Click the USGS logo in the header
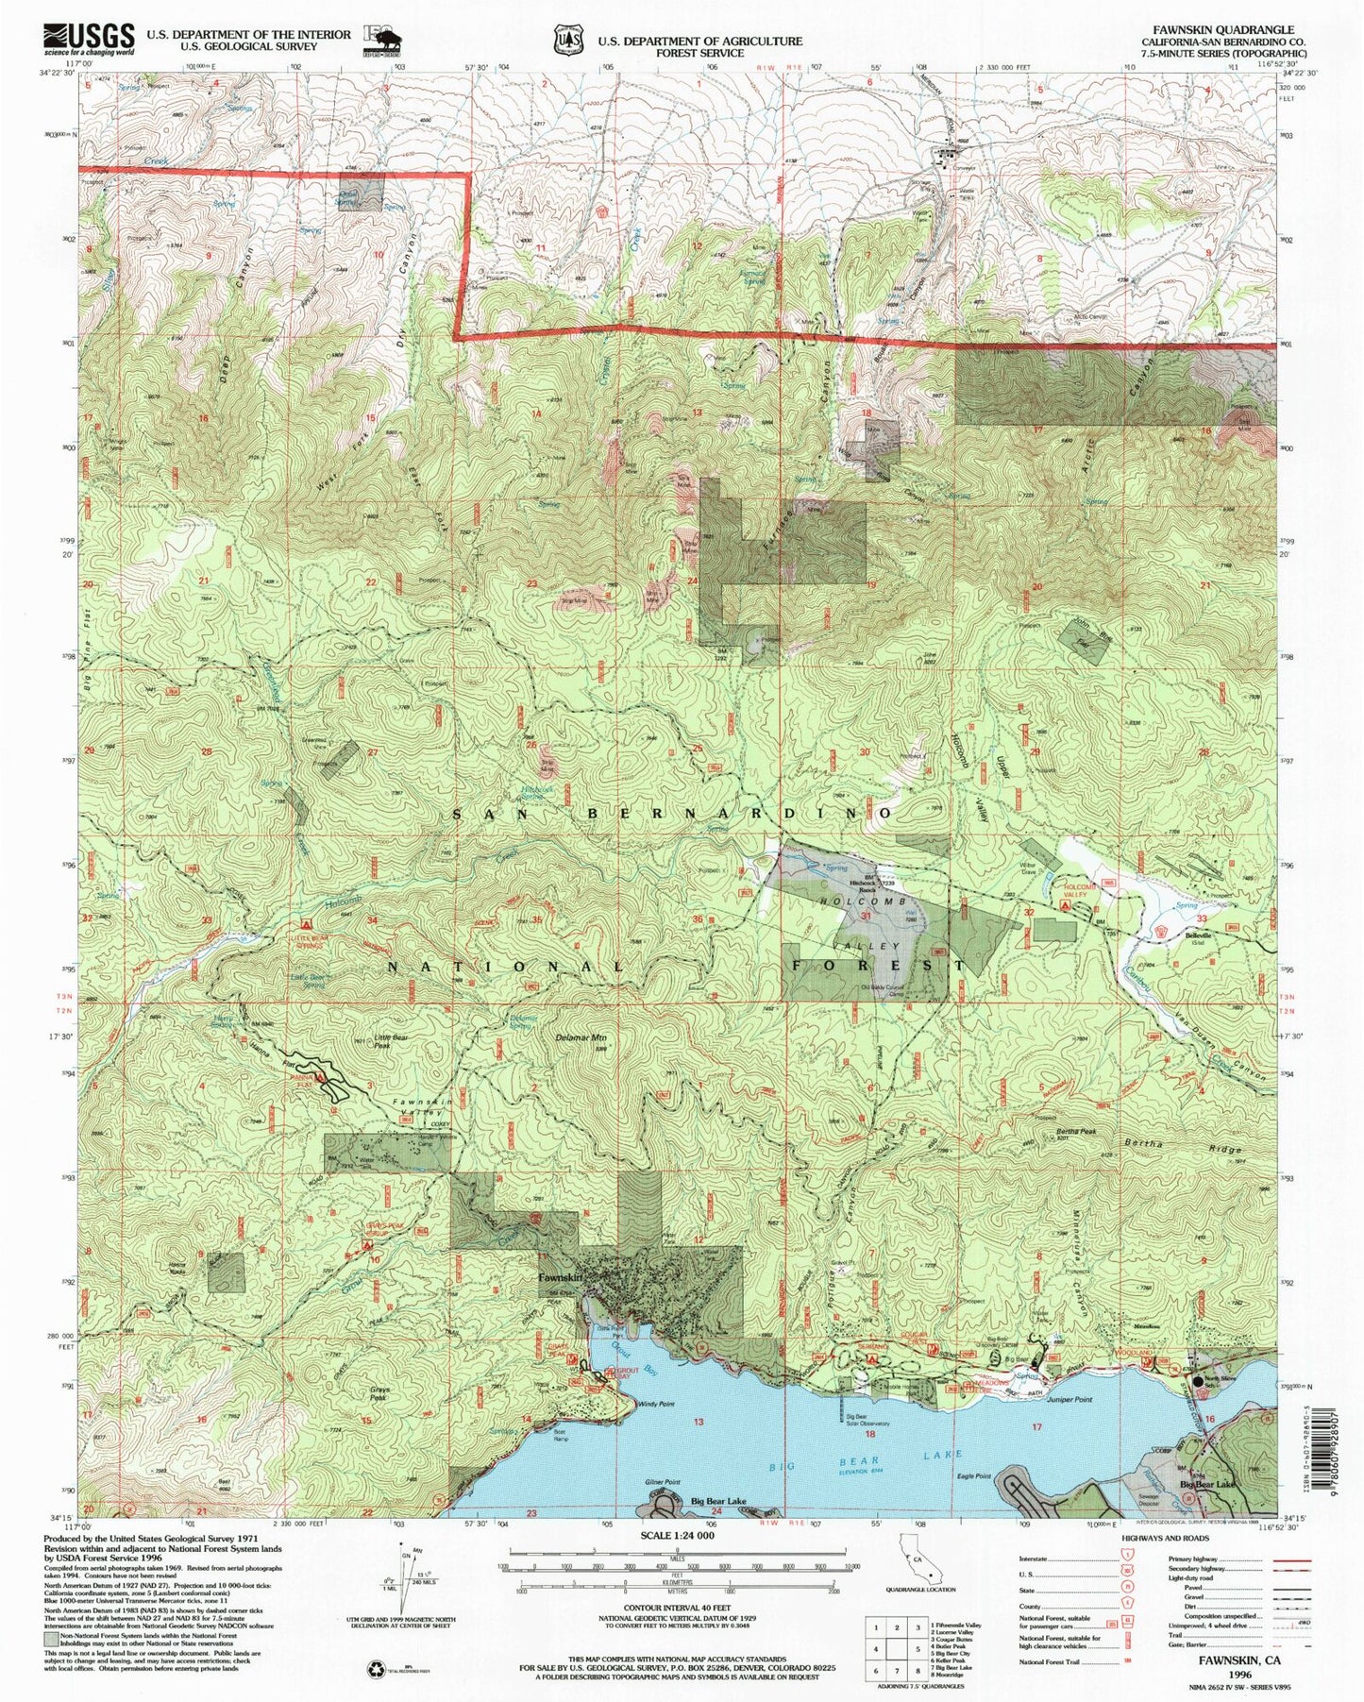[87, 38]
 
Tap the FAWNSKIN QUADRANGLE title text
[1221, 30]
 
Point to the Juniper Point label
[1070, 1399]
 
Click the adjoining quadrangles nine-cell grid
[898, 1643]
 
